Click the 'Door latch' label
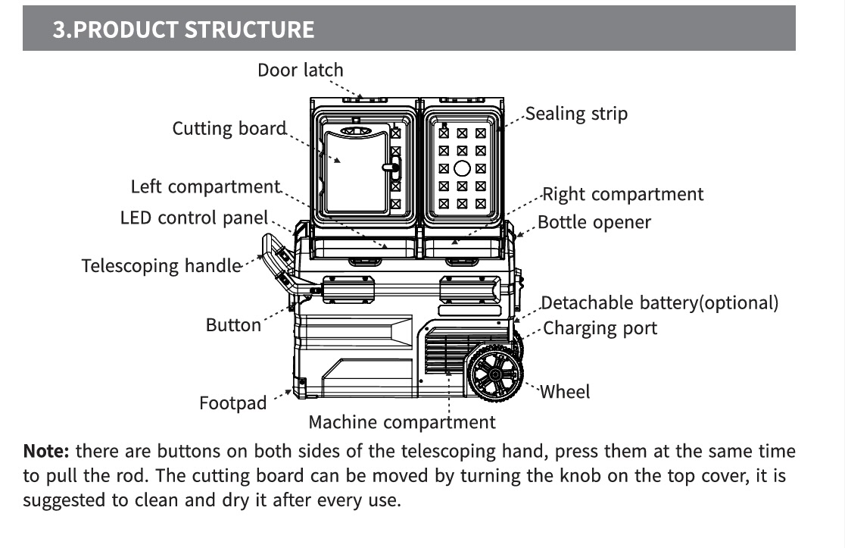pyautogui.click(x=300, y=70)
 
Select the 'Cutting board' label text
pyautogui.click(x=229, y=128)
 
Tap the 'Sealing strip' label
pyautogui.click(x=576, y=114)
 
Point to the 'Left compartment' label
pyautogui.click(x=205, y=186)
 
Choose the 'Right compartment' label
pyautogui.click(x=622, y=194)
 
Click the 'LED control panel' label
pyautogui.click(x=194, y=218)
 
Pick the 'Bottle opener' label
pyautogui.click(x=594, y=223)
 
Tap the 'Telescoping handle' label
pyautogui.click(x=161, y=266)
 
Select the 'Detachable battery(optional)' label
pyautogui.click(x=659, y=303)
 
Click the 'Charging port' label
pyautogui.click(x=600, y=328)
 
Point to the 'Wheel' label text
pyautogui.click(x=565, y=392)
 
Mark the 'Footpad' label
pyautogui.click(x=232, y=403)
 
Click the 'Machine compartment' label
pyautogui.click(x=401, y=422)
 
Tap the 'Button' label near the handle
pyautogui.click(x=233, y=325)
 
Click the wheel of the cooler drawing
pyautogui.click(x=494, y=373)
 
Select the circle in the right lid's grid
pyautogui.click(x=462, y=168)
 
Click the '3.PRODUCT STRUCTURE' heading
pyautogui.click(x=183, y=29)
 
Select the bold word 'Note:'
pyautogui.click(x=47, y=452)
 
